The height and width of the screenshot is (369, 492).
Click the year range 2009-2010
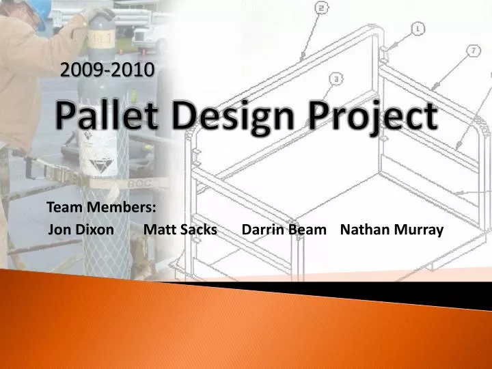point(107,69)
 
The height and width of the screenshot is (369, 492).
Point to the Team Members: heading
point(100,207)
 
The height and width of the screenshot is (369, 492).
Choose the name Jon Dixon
point(82,230)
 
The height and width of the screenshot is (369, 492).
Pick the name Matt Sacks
point(180,230)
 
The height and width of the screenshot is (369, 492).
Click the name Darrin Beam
point(284,230)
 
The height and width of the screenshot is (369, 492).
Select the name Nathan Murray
point(392,230)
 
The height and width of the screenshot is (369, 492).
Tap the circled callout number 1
point(418,28)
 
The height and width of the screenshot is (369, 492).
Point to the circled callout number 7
point(474,51)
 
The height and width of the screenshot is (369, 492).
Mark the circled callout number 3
point(336,79)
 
